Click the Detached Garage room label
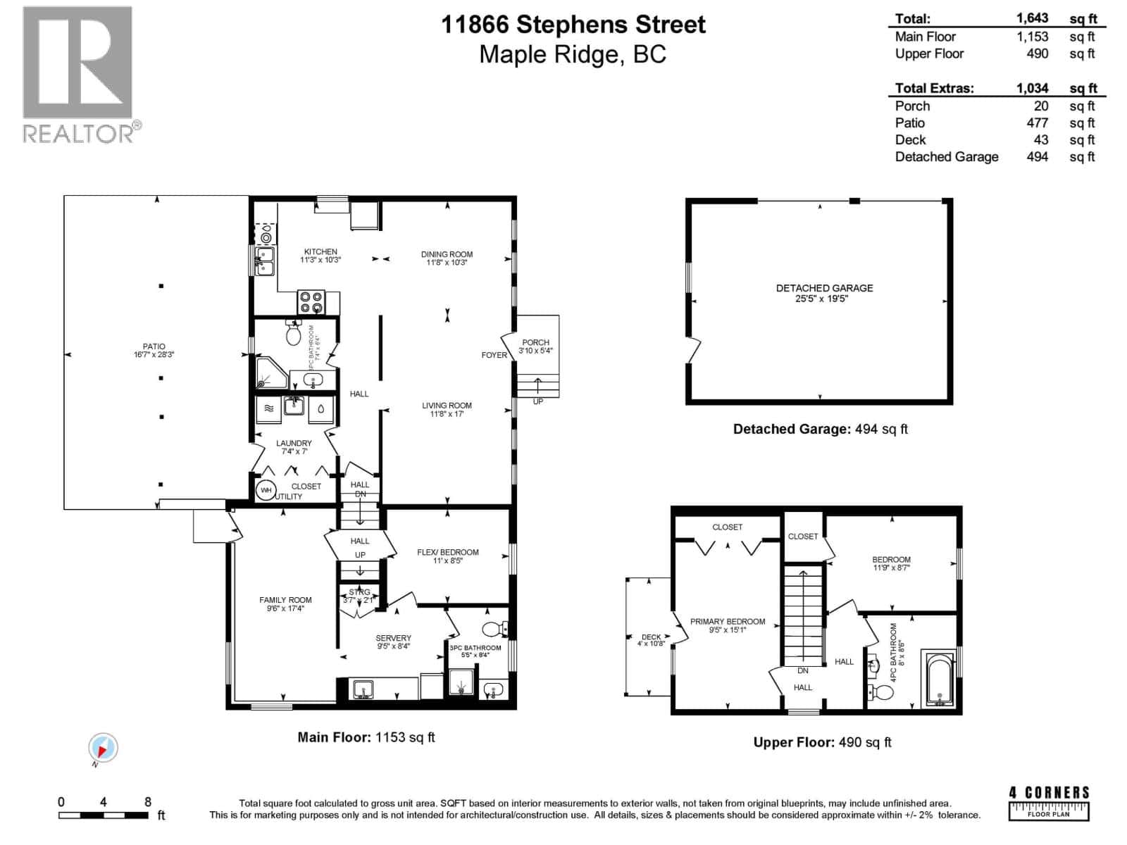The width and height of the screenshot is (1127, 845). (x=824, y=288)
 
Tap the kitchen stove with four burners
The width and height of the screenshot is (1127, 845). (x=311, y=302)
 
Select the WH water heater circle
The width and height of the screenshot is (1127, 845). (x=266, y=490)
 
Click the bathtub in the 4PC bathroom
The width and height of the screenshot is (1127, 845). (x=939, y=680)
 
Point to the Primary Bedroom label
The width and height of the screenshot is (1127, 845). (x=727, y=621)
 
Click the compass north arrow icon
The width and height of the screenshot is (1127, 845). (x=103, y=748)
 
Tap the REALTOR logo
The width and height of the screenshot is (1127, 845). (x=78, y=74)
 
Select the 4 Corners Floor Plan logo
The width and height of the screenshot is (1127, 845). (x=1049, y=803)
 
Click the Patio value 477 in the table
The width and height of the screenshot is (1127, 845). (x=1037, y=123)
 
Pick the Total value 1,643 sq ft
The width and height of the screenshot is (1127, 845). (x=1032, y=18)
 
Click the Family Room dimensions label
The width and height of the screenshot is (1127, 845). (x=285, y=608)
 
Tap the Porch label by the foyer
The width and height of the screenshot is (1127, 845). (x=535, y=342)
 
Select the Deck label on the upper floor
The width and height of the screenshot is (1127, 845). (x=651, y=637)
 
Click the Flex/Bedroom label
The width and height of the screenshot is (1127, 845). (x=447, y=552)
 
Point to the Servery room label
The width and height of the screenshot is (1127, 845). (x=393, y=638)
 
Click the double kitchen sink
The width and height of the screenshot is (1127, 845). (x=264, y=261)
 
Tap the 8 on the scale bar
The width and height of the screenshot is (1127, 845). (x=147, y=801)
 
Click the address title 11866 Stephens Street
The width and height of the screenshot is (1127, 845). (x=573, y=25)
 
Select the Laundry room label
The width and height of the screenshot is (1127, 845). (x=294, y=444)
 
